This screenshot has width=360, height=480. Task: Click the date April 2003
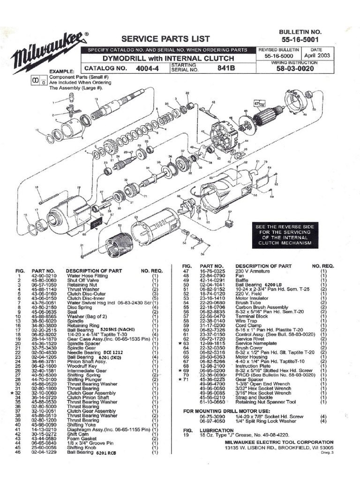[x=317, y=55]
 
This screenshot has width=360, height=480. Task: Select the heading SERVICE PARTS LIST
[x=165, y=38]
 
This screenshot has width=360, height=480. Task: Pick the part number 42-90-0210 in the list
[x=44, y=277]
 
